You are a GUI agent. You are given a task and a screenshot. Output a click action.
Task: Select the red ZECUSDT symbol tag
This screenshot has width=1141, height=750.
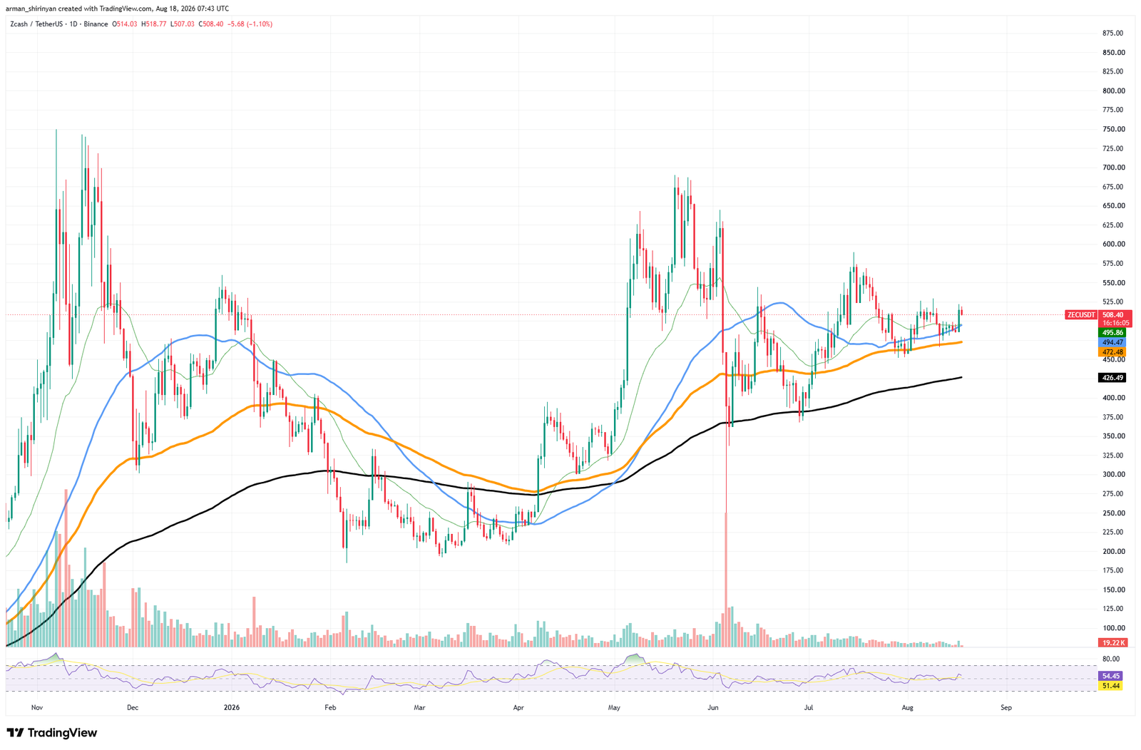[x=1081, y=315]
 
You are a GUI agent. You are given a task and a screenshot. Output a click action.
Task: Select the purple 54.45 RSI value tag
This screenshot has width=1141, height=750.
[x=1110, y=676]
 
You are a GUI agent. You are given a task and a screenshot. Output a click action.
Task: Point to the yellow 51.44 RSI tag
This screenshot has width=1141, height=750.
[x=1110, y=685]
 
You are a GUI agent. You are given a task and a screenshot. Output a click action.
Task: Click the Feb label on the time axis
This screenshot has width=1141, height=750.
[x=330, y=707]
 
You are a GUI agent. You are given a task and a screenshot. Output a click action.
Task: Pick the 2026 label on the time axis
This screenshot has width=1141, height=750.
[x=231, y=707]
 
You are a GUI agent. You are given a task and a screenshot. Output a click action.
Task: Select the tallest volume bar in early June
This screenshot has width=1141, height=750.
[x=726, y=580]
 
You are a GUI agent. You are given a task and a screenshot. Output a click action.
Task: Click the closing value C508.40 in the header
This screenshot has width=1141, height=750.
[x=210, y=24]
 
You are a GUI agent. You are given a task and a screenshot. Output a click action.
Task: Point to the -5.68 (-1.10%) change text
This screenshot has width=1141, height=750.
[x=250, y=24]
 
